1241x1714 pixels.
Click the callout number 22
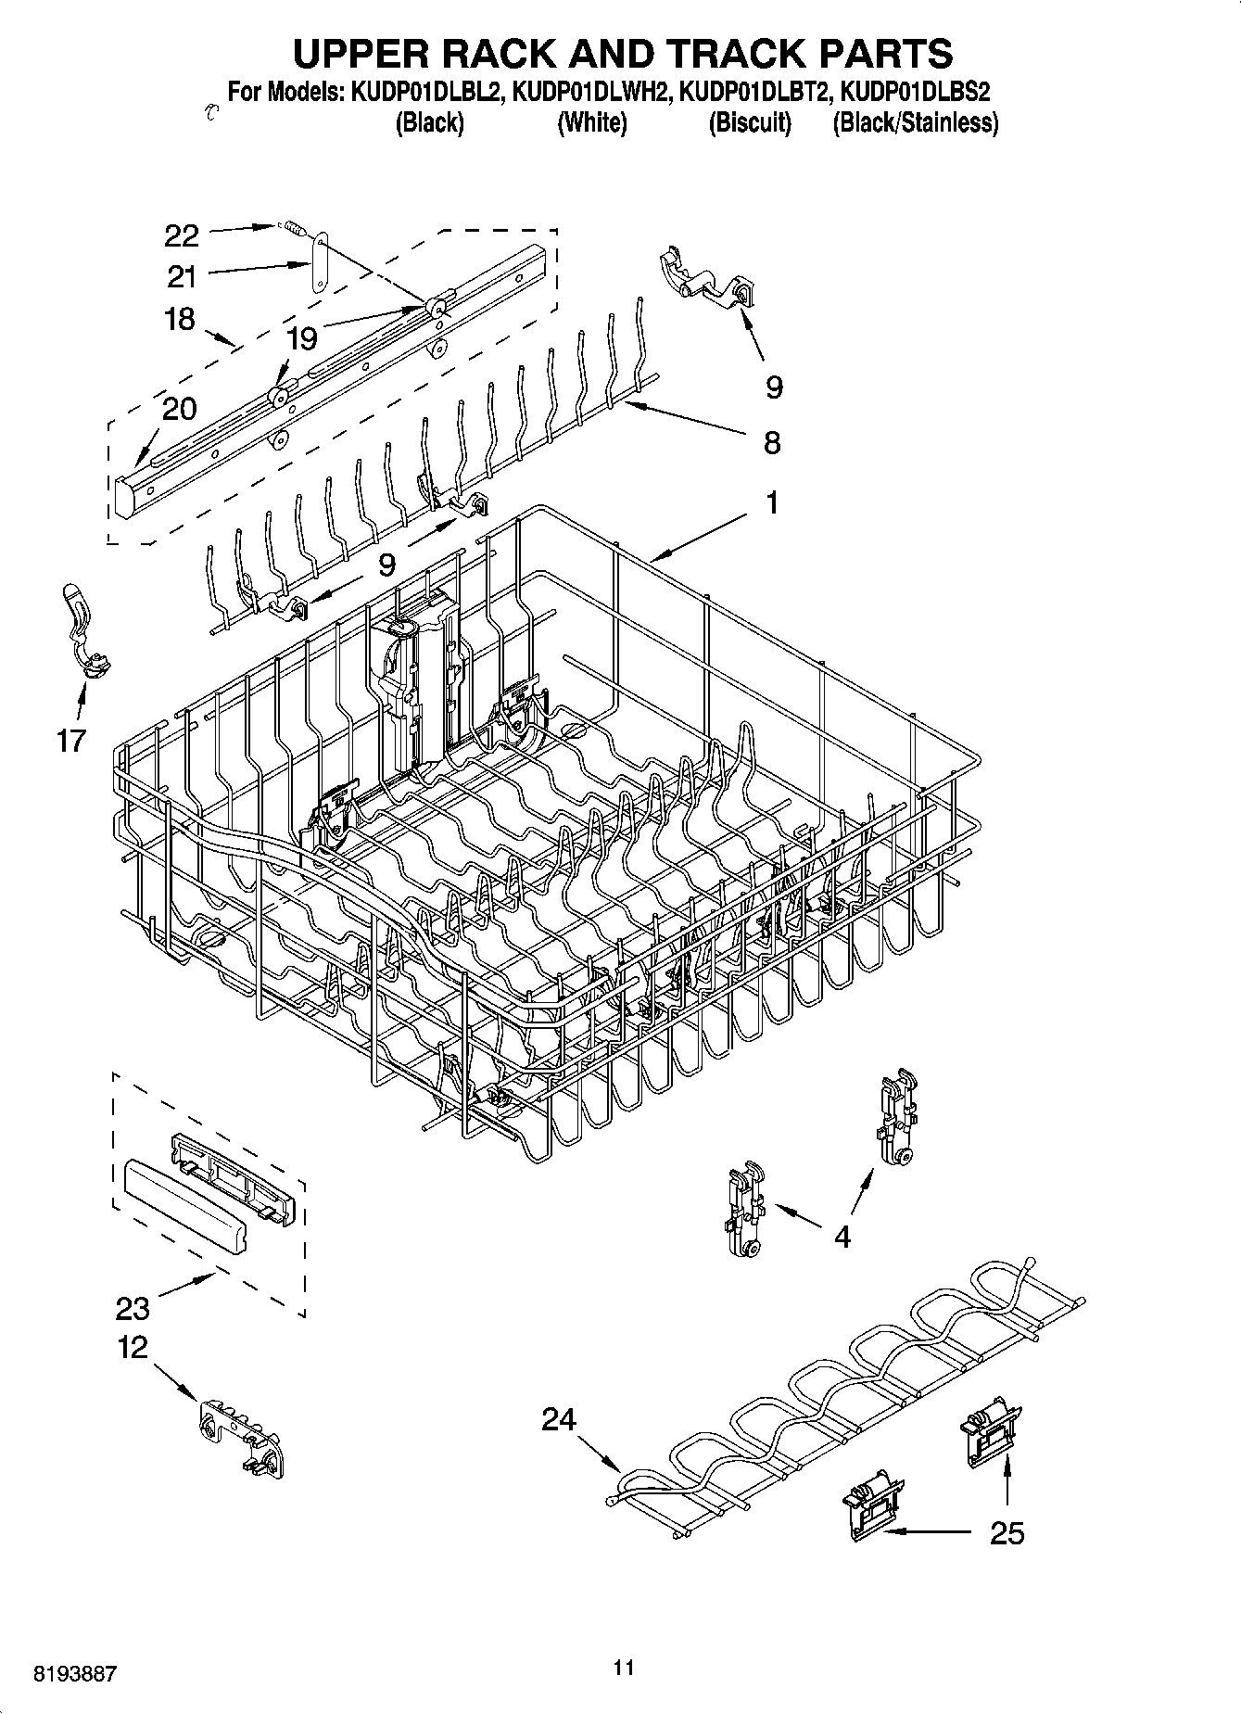pos(182,235)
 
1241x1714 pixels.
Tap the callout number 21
pos(182,276)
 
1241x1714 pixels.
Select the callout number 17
pos(70,741)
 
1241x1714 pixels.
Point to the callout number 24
pos(559,1419)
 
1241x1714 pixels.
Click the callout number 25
pos(1007,1533)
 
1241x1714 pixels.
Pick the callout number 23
pos(133,1308)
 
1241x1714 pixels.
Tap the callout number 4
pos(842,1236)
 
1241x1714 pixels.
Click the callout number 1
pos(771,503)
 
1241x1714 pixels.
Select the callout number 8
pos(771,443)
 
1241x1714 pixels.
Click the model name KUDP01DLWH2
pos(591,93)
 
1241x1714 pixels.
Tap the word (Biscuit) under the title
pos(750,123)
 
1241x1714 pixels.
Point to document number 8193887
pos(75,1674)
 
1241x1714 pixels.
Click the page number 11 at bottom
pos(623,1668)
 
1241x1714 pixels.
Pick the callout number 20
pos(180,408)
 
